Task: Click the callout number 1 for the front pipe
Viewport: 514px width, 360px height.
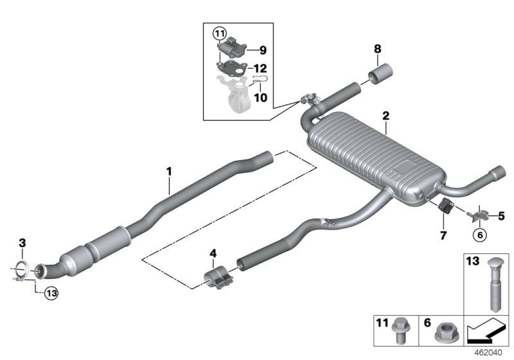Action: tap(169, 172)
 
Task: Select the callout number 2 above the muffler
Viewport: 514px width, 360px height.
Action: tap(385, 116)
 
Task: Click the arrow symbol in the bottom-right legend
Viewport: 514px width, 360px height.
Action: tap(487, 333)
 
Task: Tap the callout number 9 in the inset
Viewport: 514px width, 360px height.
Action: tap(262, 49)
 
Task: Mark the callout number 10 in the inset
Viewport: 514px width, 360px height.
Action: tap(260, 98)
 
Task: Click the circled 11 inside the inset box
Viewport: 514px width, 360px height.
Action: tap(220, 33)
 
